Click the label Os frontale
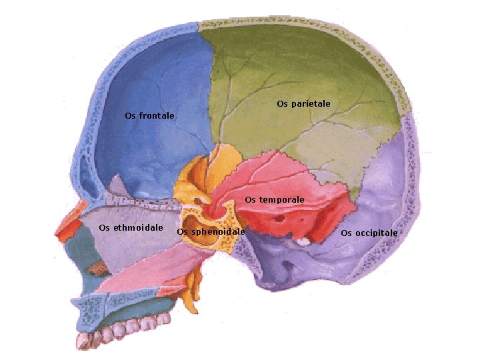150,116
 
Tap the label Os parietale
303,104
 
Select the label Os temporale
274,199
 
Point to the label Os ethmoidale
131,228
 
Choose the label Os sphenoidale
211,232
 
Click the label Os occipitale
369,233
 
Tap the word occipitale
375,233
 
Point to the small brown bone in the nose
99,268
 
